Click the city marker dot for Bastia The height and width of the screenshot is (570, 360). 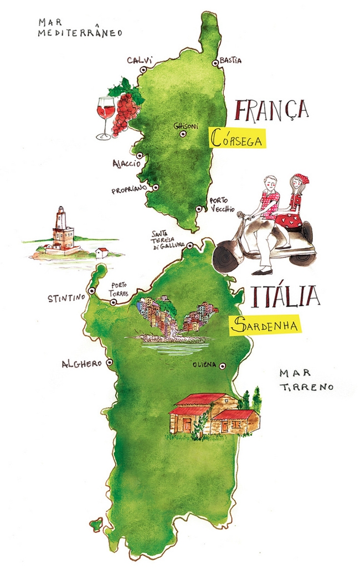pyautogui.click(x=215, y=63)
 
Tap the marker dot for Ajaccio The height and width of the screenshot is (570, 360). pyautogui.click(x=140, y=156)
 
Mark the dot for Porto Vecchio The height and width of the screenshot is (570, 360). pyautogui.click(x=199, y=209)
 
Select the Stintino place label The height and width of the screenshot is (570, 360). pyautogui.click(x=66, y=297)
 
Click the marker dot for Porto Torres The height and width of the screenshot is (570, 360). pyautogui.click(x=114, y=302)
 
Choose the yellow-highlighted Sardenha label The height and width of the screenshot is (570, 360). pyautogui.click(x=265, y=324)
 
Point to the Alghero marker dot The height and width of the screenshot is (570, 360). pyautogui.click(x=109, y=362)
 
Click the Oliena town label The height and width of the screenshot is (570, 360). pyautogui.click(x=203, y=366)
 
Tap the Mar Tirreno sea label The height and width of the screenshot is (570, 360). pyautogui.click(x=306, y=380)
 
